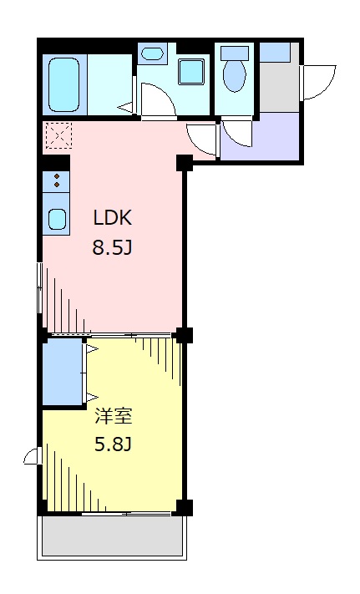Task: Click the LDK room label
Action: [113, 219]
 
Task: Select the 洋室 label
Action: [113, 415]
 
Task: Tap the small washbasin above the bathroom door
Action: [151, 54]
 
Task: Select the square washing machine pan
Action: [192, 72]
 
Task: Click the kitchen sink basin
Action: [57, 220]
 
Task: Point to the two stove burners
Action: [56, 181]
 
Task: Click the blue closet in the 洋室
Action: [63, 371]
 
